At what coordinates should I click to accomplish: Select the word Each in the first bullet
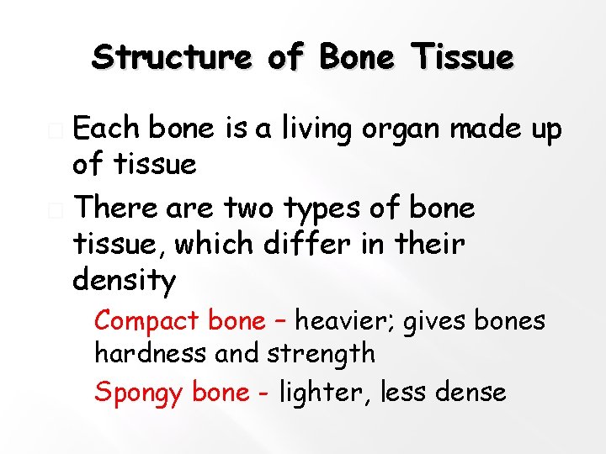click(x=106, y=129)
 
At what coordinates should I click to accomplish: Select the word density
click(x=125, y=281)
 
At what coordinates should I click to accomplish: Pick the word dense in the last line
click(x=473, y=392)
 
